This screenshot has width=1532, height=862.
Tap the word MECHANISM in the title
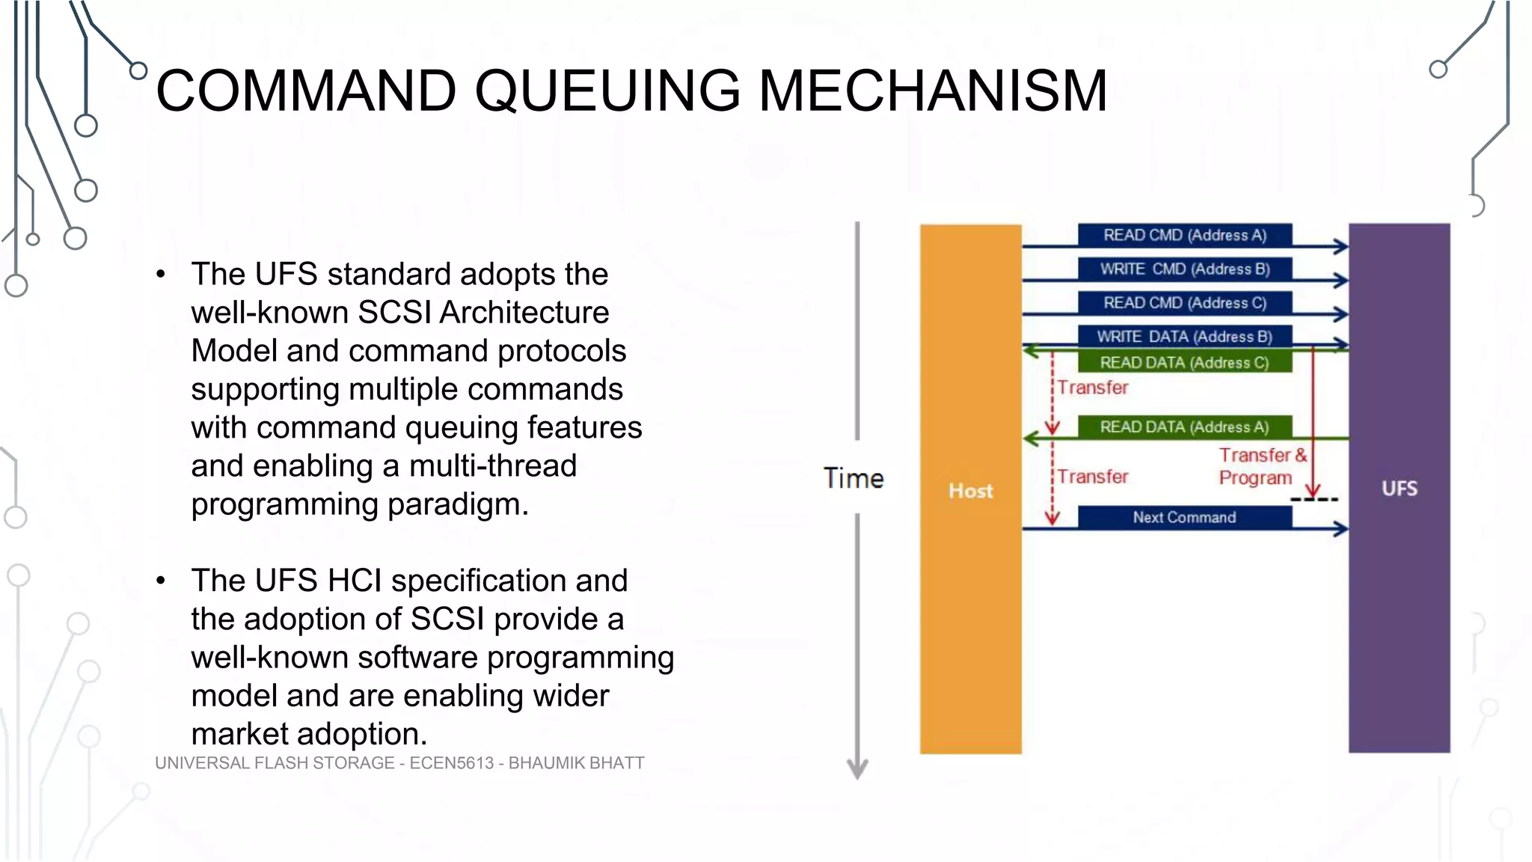click(x=933, y=91)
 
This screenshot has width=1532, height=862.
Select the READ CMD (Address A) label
click(x=1184, y=235)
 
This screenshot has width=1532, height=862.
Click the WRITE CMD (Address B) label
click(x=1184, y=269)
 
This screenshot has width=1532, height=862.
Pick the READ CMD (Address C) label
click(x=1184, y=302)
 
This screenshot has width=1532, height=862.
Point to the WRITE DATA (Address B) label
click(x=1184, y=336)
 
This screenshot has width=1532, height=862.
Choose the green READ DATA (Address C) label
click(x=1184, y=362)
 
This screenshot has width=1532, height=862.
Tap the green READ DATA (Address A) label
click(x=1184, y=427)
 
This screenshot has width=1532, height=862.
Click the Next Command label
click(x=1184, y=517)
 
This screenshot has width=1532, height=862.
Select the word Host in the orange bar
click(x=970, y=491)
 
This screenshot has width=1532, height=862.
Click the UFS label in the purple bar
click(x=1399, y=489)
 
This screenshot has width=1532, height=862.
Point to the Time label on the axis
click(x=854, y=478)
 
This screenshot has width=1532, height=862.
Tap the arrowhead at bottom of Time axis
click(x=857, y=770)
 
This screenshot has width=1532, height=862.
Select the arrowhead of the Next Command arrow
click(x=1341, y=529)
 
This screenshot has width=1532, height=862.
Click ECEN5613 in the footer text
click(x=451, y=762)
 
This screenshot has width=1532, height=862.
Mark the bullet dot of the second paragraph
click(x=161, y=581)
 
